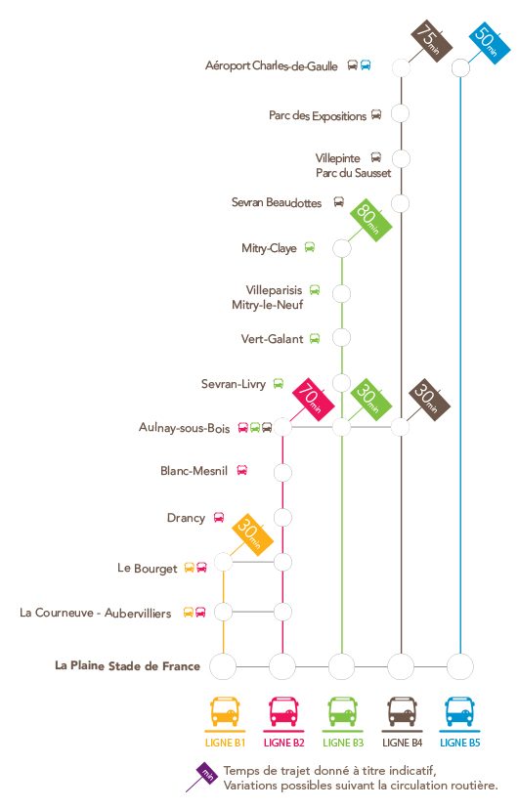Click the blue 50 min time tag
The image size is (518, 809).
pyautogui.click(x=490, y=43)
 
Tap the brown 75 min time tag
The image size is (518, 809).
pyautogui.click(x=431, y=41)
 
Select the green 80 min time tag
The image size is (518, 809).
pyautogui.click(x=371, y=220)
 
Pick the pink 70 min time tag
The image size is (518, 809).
pyautogui.click(x=313, y=400)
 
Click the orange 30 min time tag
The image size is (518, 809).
pyautogui.click(x=252, y=534)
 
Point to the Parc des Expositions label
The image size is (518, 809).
pyautogui.click(x=318, y=115)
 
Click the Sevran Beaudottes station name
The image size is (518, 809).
pyautogui.click(x=277, y=202)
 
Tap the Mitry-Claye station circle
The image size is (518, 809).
pyautogui.click(x=341, y=248)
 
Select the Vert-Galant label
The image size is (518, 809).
pyautogui.click(x=272, y=339)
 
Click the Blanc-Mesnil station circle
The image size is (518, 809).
pyautogui.click(x=282, y=473)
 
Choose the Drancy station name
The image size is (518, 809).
pyautogui.click(x=186, y=518)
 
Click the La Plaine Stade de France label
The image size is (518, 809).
pyautogui.click(x=127, y=665)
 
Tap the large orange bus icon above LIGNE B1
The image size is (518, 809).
pyautogui.click(x=225, y=711)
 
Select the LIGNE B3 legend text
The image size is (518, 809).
pyautogui.click(x=343, y=743)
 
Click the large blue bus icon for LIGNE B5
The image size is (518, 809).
pyautogui.click(x=459, y=711)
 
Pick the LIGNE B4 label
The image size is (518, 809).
pyautogui.click(x=402, y=743)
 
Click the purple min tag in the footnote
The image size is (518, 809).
pyautogui.click(x=207, y=773)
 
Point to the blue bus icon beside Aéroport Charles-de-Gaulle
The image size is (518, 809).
pyautogui.click(x=366, y=65)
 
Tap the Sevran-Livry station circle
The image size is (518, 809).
pyautogui.click(x=341, y=382)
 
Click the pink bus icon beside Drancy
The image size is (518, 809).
pyautogui.click(x=219, y=517)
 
